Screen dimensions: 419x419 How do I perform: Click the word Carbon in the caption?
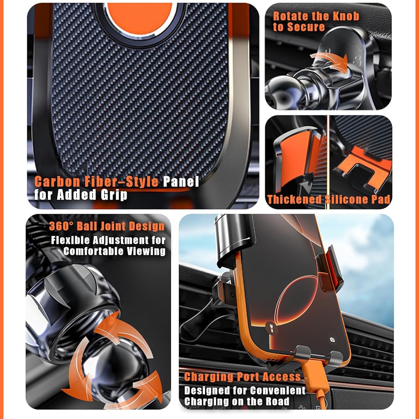coord(57,182)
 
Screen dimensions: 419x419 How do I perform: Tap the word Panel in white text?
coord(181,182)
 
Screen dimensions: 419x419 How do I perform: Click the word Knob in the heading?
coord(347,16)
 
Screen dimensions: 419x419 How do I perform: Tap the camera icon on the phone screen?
coord(332,340)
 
